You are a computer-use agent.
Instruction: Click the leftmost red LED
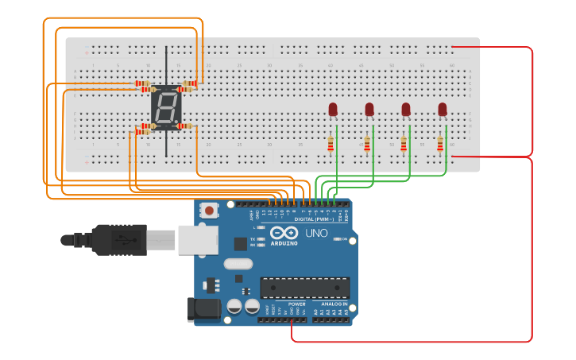point(333,109)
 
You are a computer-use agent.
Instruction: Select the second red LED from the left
point(369,109)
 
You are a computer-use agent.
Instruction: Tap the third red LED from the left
point(406,109)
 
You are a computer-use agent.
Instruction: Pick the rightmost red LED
point(443,109)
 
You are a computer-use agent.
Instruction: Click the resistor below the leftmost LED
point(331,143)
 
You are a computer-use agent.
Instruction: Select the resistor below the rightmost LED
point(440,143)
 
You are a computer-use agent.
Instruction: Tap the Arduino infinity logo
point(284,233)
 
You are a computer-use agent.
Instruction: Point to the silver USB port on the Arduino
point(197,239)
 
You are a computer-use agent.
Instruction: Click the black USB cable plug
point(119,239)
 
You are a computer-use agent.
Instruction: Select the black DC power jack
point(203,309)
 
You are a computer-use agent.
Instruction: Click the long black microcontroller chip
point(305,287)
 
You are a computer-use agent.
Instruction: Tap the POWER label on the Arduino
point(297,304)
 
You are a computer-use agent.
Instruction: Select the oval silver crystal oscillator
point(238,264)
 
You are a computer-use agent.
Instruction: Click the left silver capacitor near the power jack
point(234,306)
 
